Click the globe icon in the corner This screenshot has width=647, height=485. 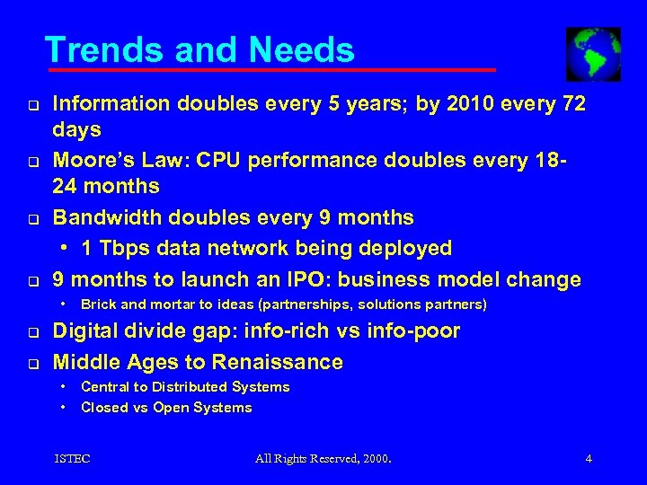point(593,54)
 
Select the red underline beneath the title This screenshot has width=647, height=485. point(270,69)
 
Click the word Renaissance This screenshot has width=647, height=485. point(278,362)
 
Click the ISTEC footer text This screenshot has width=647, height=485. point(72,459)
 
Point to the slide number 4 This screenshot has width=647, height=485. point(589,459)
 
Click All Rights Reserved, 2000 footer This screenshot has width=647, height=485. point(323,459)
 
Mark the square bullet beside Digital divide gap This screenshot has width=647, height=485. point(29,333)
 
